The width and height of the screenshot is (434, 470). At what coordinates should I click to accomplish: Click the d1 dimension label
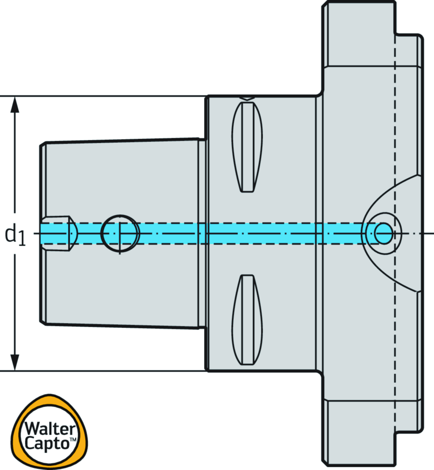15,235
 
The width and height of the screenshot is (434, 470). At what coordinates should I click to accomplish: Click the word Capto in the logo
47,443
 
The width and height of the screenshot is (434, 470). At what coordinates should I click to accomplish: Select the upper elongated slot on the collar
247,146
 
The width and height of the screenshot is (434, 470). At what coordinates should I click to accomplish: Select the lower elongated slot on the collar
247,320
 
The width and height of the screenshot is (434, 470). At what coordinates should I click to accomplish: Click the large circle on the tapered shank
120,233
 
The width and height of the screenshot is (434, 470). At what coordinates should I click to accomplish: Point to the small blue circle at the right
384,233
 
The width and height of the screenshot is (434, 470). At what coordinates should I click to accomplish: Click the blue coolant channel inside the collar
261,233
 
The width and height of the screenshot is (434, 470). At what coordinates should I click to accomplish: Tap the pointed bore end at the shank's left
72,233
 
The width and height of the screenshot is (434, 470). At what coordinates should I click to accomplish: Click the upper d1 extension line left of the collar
106,96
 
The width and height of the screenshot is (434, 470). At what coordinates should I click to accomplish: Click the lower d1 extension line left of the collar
106,371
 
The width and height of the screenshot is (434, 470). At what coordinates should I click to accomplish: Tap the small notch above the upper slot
247,98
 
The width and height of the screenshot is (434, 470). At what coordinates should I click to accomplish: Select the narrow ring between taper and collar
202,233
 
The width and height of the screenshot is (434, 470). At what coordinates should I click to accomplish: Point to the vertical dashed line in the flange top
395,85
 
